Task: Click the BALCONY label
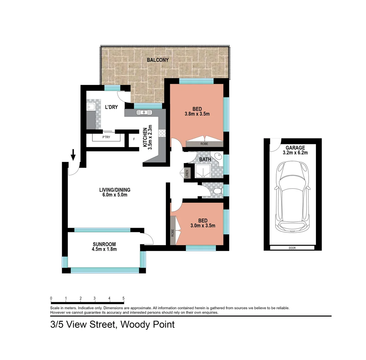(158, 60)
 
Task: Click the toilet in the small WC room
(217, 191)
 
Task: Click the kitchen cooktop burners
(162, 133)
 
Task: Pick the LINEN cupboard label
(187, 174)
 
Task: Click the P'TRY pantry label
(106, 137)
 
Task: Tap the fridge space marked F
(134, 139)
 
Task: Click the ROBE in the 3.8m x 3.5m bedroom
(204, 144)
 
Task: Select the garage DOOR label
(292, 248)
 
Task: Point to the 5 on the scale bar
(123, 298)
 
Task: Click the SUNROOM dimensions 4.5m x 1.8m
(104, 249)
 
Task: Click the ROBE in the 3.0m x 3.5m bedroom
(173, 232)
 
